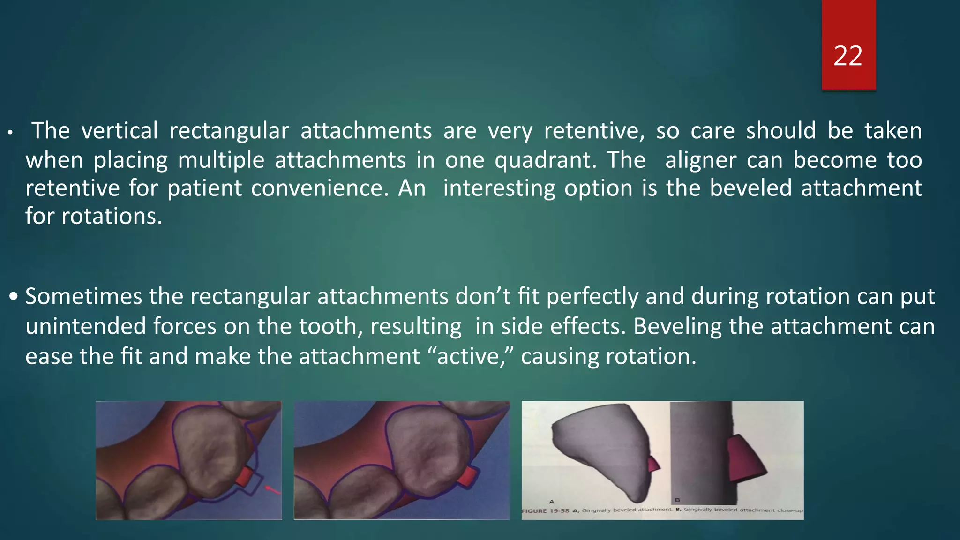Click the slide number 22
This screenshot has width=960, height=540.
[x=848, y=56]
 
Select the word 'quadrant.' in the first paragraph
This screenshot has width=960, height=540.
[x=546, y=160]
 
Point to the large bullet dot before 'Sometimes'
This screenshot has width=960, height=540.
[x=14, y=297]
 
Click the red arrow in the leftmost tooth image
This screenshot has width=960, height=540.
[x=273, y=490]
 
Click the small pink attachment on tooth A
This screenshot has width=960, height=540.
[x=653, y=465]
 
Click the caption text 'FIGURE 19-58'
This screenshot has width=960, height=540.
[x=546, y=511]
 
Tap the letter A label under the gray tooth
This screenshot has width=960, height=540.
[x=552, y=502]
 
